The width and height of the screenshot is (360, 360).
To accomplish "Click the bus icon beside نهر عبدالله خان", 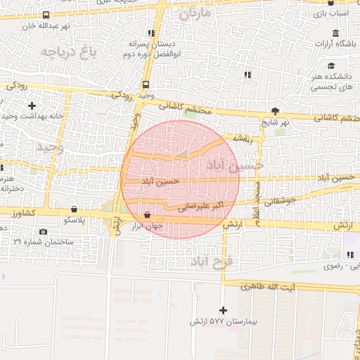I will (x=46, y=15).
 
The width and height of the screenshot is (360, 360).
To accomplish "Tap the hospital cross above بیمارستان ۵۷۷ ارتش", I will (x=224, y=310).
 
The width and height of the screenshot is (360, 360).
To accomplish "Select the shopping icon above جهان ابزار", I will (x=147, y=215).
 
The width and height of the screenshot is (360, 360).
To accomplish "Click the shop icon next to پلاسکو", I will (x=75, y=209).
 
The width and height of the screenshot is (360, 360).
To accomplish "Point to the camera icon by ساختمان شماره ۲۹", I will (x=44, y=232).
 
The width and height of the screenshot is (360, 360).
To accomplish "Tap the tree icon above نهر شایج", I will (x=275, y=111).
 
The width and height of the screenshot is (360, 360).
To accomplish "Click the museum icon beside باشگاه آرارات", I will (x=335, y=34).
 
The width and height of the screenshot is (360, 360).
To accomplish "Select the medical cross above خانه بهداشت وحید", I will (x=32, y=105).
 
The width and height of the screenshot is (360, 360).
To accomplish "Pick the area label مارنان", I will (x=195, y=14).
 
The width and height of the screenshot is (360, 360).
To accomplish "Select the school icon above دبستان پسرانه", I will (x=150, y=33).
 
